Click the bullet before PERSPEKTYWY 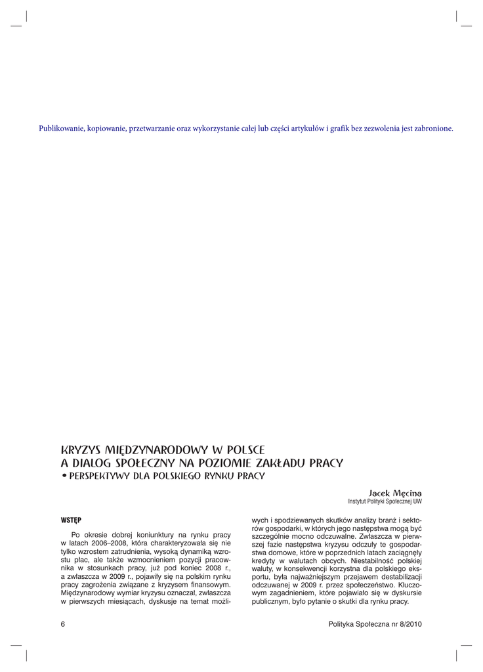point(64,476)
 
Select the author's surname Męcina point(408,492)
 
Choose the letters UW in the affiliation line point(417,501)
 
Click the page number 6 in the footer point(63,624)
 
